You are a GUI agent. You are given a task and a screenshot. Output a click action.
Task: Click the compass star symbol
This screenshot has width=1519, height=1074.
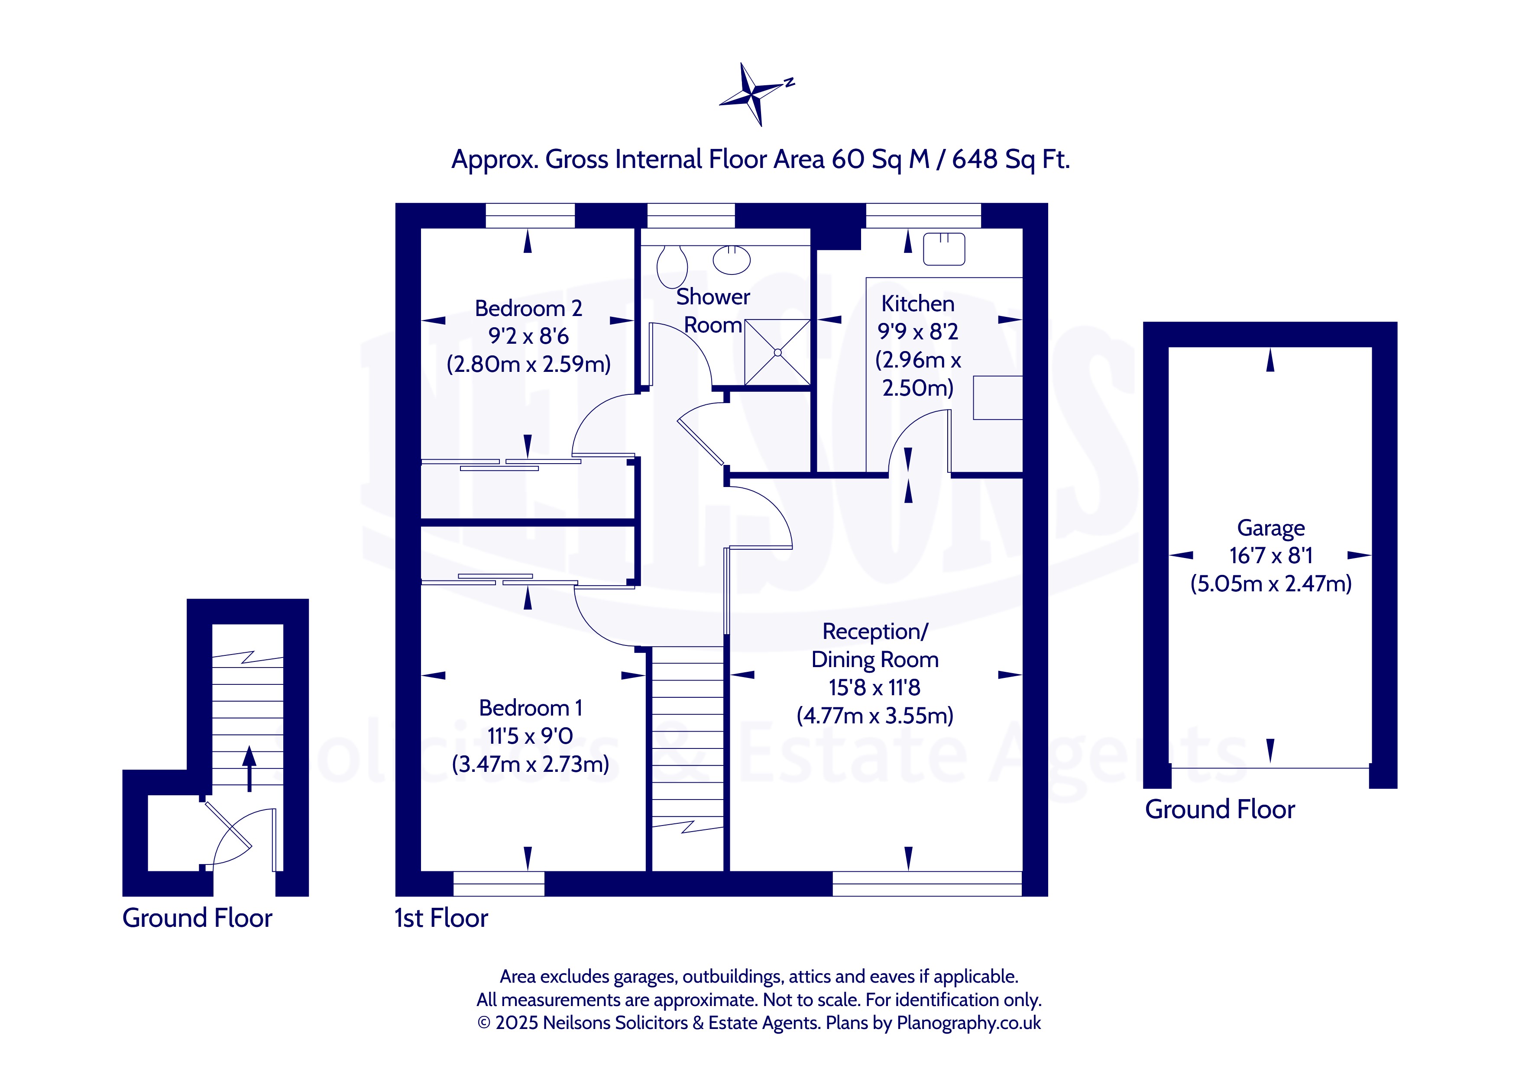751,94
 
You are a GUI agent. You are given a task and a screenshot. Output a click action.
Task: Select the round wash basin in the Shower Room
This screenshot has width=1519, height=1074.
732,260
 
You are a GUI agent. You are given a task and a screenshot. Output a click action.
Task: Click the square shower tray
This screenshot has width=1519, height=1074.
777,352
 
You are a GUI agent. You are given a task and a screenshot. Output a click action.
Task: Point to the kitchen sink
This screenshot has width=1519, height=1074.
944,249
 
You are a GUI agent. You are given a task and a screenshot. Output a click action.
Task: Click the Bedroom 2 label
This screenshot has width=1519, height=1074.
528,308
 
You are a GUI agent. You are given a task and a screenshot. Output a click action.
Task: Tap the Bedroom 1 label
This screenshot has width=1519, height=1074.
531,708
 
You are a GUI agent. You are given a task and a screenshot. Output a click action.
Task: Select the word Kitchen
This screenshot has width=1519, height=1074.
918,303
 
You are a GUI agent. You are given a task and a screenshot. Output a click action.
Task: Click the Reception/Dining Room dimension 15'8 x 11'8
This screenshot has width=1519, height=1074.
874,688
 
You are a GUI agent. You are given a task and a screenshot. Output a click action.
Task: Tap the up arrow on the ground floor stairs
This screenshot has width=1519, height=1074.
249,768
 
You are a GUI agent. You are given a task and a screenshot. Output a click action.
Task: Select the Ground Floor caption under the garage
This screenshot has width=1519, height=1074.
1220,810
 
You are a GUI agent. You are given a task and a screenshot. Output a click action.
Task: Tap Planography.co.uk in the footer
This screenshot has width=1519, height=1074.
968,1023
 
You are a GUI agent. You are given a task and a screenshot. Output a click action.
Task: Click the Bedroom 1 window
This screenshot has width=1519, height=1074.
499,884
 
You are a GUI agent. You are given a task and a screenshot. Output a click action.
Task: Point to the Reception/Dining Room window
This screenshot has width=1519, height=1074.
927,884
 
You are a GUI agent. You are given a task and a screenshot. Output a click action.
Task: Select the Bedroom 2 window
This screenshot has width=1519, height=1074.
531,216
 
